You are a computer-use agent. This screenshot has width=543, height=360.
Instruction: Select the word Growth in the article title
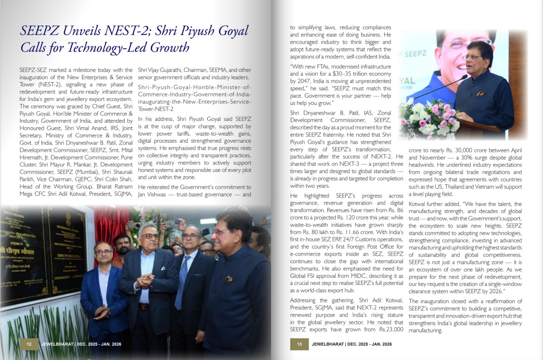(169, 47)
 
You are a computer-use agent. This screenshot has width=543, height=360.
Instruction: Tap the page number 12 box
(29, 344)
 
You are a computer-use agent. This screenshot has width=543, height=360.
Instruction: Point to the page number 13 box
(299, 344)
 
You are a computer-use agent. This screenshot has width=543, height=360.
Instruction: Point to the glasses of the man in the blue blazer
(103, 252)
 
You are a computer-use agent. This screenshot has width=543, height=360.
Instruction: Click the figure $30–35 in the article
(345, 74)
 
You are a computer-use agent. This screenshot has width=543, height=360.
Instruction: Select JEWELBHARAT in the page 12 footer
(59, 344)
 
